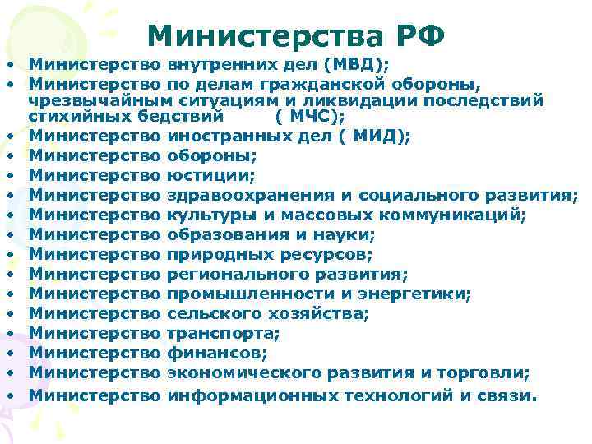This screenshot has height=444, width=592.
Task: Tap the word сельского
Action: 210,313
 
